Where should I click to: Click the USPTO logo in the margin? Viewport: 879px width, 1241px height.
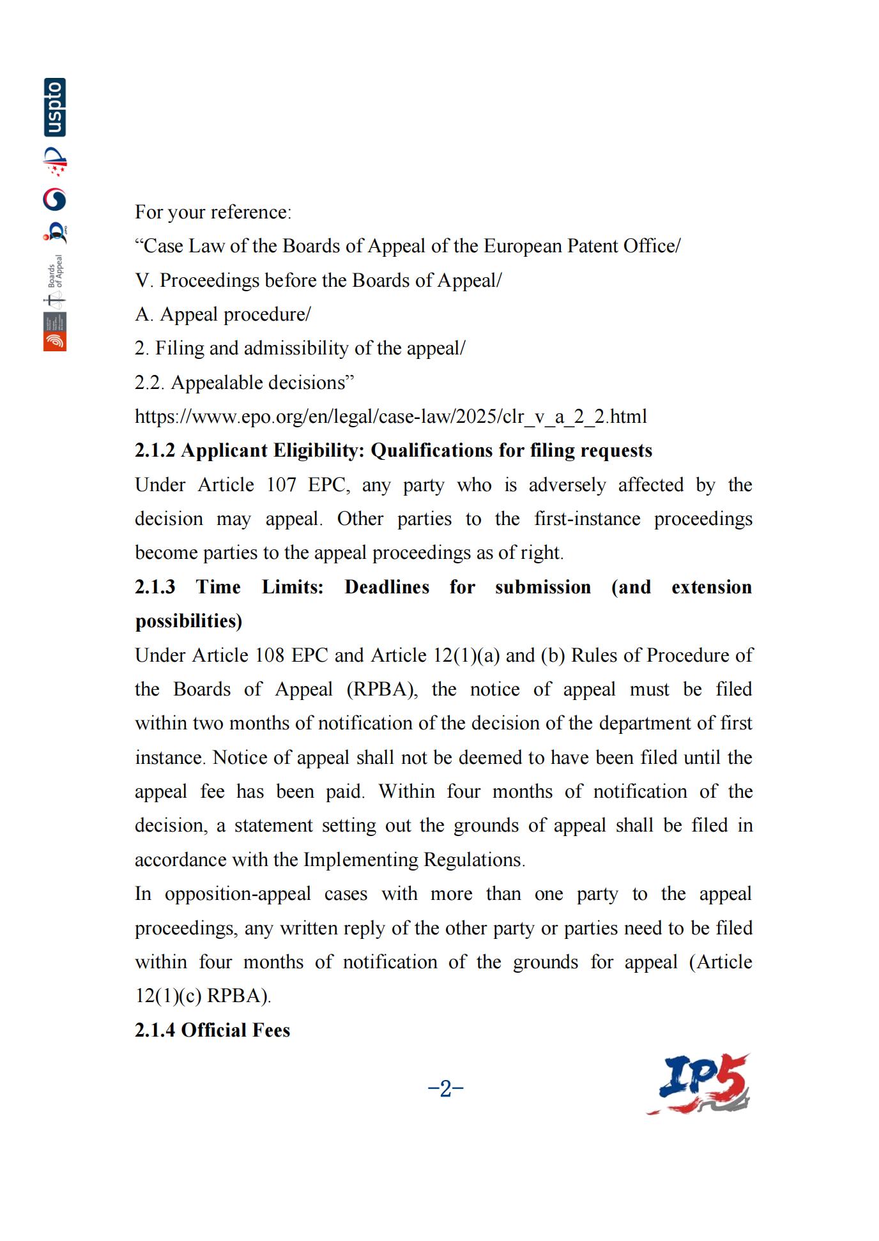pyautogui.click(x=55, y=107)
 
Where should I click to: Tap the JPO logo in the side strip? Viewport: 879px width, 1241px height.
pyautogui.click(x=56, y=232)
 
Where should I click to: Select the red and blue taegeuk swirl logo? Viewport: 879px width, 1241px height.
pyautogui.click(x=55, y=199)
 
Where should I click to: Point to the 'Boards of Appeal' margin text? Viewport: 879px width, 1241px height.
pyautogui.click(x=56, y=271)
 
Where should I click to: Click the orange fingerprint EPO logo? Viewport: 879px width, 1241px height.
pyautogui.click(x=55, y=341)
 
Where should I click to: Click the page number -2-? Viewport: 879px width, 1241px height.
pyautogui.click(x=445, y=1088)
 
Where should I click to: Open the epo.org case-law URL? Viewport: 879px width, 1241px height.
pyautogui.click(x=390, y=416)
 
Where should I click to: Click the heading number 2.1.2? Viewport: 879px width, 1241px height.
pyautogui.click(x=155, y=451)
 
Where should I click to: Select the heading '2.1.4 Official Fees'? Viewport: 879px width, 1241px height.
pyautogui.click(x=212, y=1030)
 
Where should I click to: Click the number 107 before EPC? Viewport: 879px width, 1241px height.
pyautogui.click(x=281, y=485)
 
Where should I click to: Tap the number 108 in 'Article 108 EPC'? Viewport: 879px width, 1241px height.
pyautogui.click(x=270, y=655)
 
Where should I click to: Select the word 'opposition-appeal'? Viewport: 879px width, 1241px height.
pyautogui.click(x=238, y=894)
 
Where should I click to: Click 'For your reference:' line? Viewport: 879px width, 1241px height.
pyautogui.click(x=213, y=212)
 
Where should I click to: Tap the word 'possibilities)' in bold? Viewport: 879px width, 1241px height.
pyautogui.click(x=188, y=621)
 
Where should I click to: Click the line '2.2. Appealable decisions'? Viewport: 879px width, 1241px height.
pyautogui.click(x=244, y=383)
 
